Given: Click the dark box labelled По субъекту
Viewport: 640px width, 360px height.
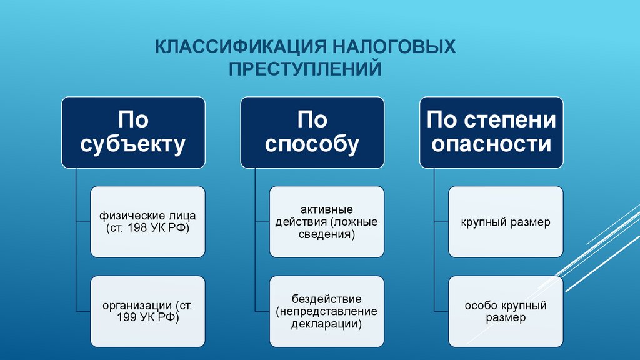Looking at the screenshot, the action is (x=133, y=132).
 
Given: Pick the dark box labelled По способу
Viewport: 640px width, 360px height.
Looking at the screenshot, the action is (x=312, y=132).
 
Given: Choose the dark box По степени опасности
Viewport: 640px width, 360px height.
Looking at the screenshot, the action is (x=491, y=132).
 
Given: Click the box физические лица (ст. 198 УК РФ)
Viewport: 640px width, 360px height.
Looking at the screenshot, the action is (x=147, y=222).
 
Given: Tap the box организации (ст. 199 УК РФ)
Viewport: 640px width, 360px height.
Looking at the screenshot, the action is (x=147, y=311).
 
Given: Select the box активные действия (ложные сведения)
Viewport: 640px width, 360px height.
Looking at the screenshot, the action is (x=327, y=222).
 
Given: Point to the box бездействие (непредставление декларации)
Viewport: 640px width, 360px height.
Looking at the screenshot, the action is (x=327, y=311).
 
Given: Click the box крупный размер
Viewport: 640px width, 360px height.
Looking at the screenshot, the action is (x=506, y=222).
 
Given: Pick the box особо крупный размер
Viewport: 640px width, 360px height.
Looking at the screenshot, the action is (x=506, y=311).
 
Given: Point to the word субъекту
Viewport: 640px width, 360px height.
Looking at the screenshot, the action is (x=133, y=144).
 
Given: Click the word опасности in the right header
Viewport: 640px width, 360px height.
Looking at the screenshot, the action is (x=491, y=144).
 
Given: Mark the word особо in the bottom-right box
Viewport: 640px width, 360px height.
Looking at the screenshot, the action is (x=480, y=306).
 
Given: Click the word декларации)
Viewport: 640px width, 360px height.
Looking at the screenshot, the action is (x=327, y=324).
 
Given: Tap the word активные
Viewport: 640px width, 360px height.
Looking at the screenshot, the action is (x=327, y=209).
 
